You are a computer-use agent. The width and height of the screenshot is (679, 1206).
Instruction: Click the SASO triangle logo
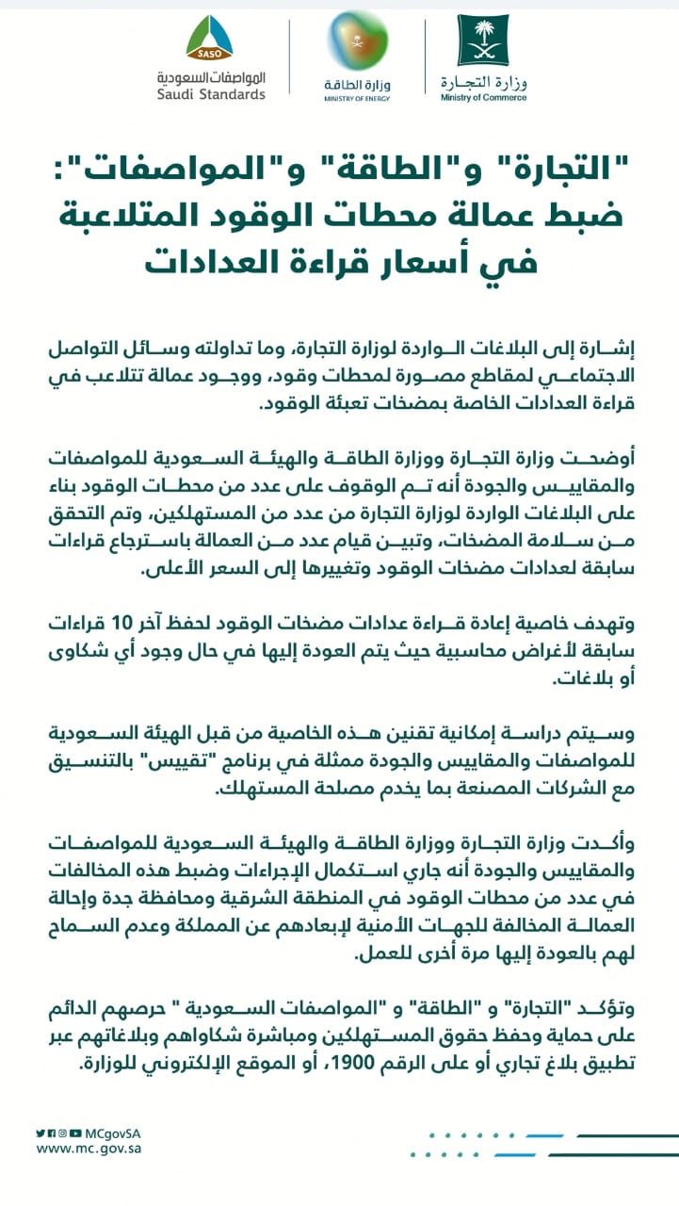209,39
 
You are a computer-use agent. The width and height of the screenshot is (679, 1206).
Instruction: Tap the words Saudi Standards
211,94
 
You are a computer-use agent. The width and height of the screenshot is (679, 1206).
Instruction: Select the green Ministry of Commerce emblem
483,40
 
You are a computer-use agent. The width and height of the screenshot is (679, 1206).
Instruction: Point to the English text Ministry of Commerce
483,97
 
